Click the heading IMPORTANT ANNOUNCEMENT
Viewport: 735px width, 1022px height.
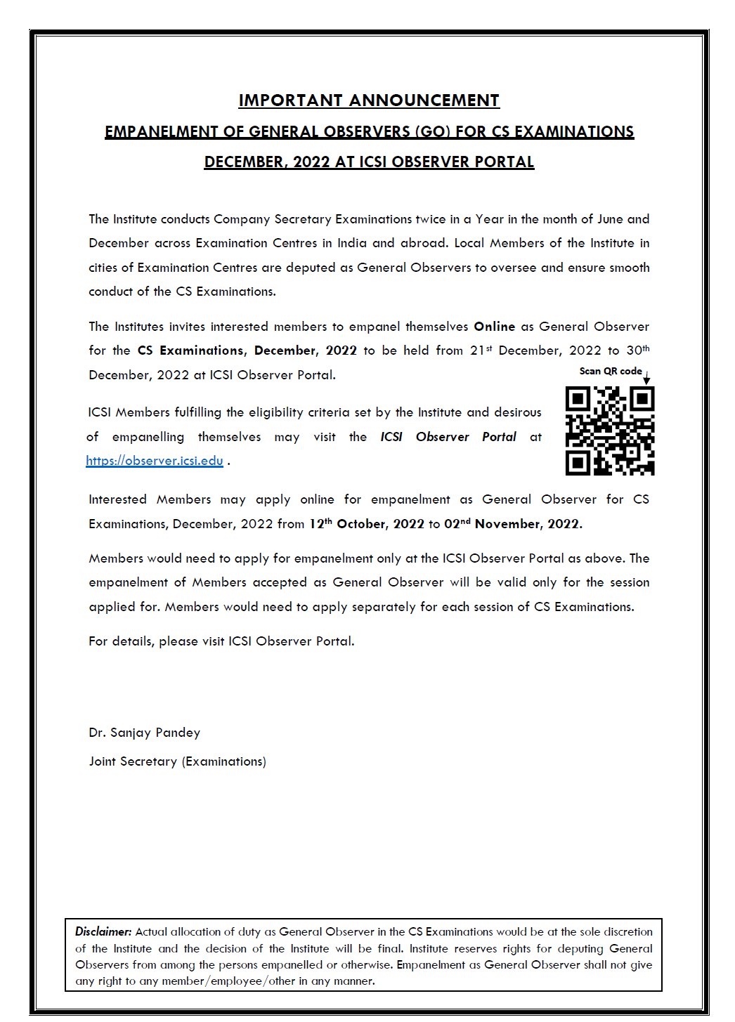coord(368,100)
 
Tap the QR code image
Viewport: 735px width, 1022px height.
coord(609,430)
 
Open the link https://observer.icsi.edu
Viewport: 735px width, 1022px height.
coord(155,461)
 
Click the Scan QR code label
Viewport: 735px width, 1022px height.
coord(610,371)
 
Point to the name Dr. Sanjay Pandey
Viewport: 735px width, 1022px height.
coord(144,733)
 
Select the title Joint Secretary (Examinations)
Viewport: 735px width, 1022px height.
coord(177,761)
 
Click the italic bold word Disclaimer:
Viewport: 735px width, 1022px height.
coord(103,932)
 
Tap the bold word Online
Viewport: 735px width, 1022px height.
coord(495,327)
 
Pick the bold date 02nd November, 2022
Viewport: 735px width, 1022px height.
coord(513,524)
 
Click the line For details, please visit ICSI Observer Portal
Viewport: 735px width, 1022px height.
coord(221,641)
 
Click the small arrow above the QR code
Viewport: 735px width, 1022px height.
coord(646,378)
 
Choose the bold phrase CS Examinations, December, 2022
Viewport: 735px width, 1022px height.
coord(247,351)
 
